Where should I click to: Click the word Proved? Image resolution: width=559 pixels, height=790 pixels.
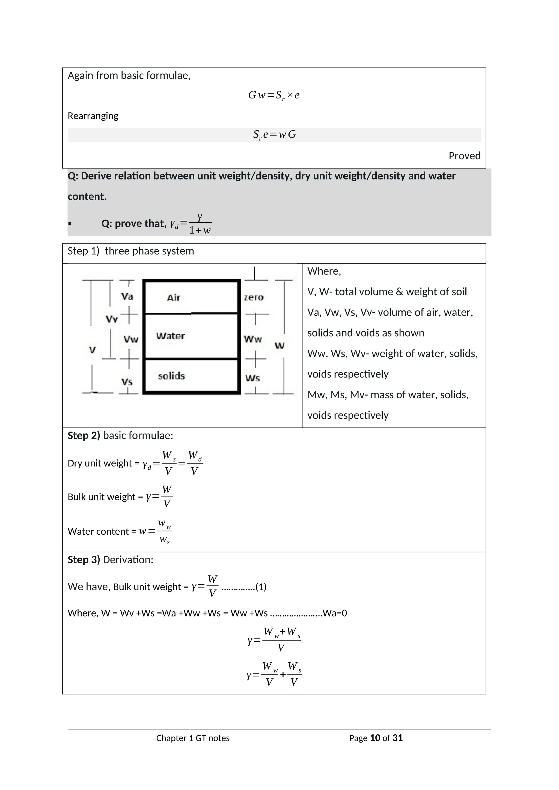click(464, 156)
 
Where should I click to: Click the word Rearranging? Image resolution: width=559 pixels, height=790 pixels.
click(93, 116)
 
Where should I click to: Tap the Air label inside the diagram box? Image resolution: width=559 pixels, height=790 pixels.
click(174, 298)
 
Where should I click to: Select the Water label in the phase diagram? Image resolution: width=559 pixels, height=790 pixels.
click(170, 336)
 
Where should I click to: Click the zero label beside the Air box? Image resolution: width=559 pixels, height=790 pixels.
click(254, 297)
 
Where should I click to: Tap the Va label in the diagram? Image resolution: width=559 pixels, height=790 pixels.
click(127, 296)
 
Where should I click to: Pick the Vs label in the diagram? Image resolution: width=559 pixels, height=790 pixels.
click(127, 382)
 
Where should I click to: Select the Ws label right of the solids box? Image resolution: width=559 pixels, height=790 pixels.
click(252, 378)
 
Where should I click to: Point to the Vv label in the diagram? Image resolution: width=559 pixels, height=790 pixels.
click(112, 319)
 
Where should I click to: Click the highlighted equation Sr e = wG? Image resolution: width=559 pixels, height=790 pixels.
click(274, 134)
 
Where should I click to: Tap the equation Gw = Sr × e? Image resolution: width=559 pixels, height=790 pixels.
click(274, 95)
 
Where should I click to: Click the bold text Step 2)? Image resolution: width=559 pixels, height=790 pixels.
click(84, 436)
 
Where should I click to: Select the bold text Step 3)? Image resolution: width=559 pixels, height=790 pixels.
click(84, 560)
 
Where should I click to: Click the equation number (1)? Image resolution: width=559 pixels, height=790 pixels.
click(261, 587)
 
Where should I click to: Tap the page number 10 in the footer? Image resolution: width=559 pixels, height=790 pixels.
click(375, 738)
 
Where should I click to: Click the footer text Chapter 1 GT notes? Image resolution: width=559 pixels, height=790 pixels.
click(193, 738)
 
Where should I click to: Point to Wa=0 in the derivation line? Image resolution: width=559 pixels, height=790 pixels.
click(335, 613)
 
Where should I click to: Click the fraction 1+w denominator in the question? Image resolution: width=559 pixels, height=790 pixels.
click(200, 231)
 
